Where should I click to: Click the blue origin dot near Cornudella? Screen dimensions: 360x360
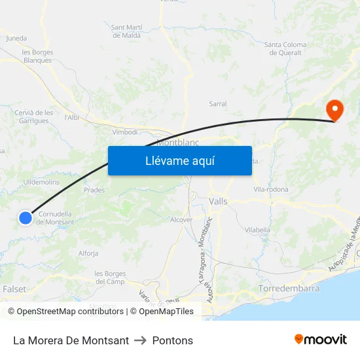pyautogui.click(x=25, y=218)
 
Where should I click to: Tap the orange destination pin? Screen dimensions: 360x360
pyautogui.click(x=334, y=110)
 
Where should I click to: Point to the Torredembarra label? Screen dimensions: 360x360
pyautogui.click(x=289, y=288)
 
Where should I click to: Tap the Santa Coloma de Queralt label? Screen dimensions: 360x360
pyautogui.click(x=285, y=48)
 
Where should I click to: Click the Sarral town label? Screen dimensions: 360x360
pyautogui.click(x=218, y=104)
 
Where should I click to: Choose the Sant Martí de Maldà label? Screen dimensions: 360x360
pyautogui.click(x=127, y=31)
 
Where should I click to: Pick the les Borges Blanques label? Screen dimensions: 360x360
pyautogui.click(x=37, y=56)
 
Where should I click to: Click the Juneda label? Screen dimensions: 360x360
pyautogui.click(x=16, y=38)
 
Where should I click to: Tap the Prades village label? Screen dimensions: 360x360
pyautogui.click(x=94, y=190)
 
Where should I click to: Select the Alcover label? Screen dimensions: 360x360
pyautogui.click(x=181, y=220)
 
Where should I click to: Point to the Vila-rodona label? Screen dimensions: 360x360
pyautogui.click(x=270, y=189)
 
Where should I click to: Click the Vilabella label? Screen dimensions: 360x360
pyautogui.click(x=257, y=230)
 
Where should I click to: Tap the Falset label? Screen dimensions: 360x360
pyautogui.click(x=14, y=289)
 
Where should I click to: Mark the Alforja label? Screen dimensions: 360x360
pyautogui.click(x=88, y=253)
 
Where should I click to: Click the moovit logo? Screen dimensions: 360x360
pyautogui.click(x=320, y=339)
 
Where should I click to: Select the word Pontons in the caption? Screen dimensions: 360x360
pyautogui.click(x=172, y=340)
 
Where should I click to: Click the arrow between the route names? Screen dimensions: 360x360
pyautogui.click(x=140, y=340)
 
